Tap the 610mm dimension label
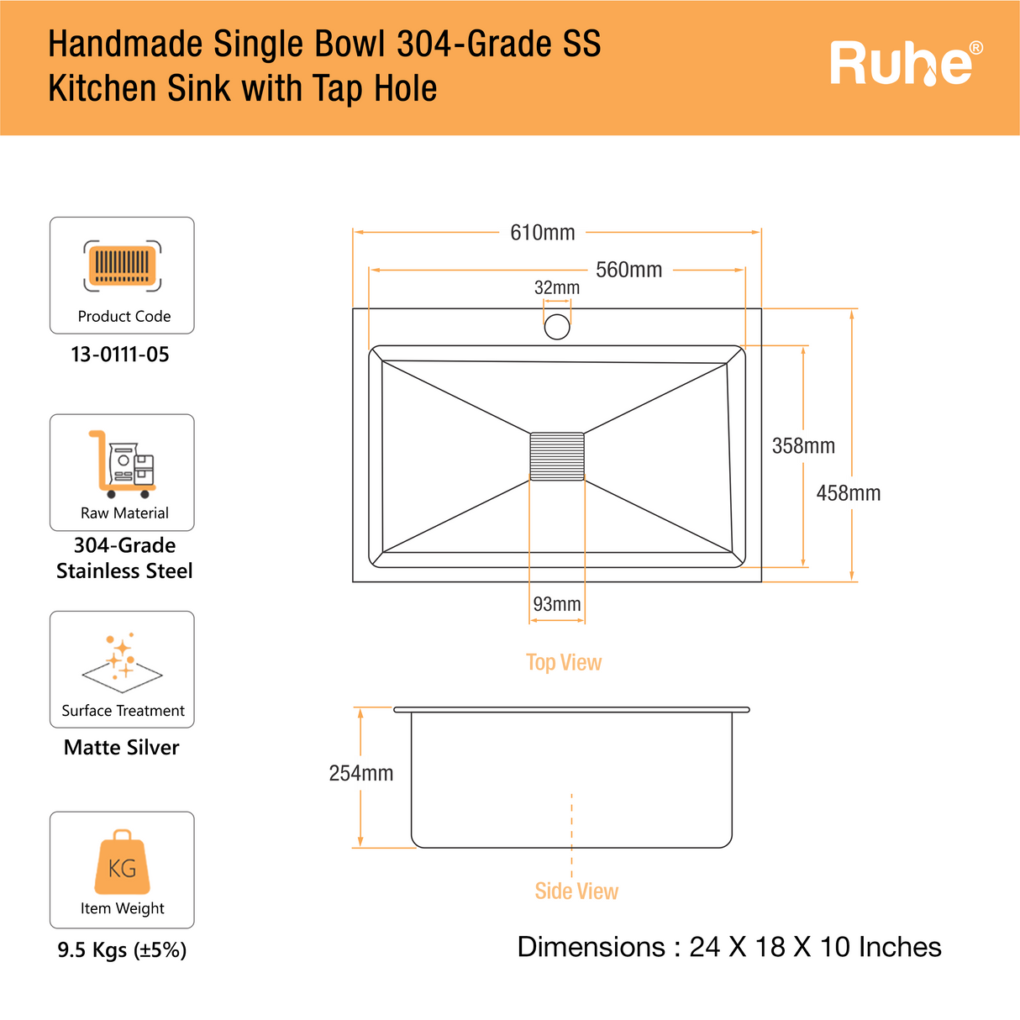[x=543, y=233]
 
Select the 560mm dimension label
[x=628, y=270]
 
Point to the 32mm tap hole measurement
[x=557, y=288]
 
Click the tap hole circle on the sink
[x=557, y=326]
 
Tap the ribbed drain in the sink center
[x=557, y=456]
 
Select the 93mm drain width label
[x=557, y=604]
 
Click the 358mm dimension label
[x=803, y=446]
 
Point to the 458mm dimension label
[x=849, y=493]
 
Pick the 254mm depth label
[x=361, y=773]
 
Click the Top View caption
[x=564, y=663]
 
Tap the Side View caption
[x=576, y=891]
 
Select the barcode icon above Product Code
[x=123, y=266]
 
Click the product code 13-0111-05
[x=120, y=355]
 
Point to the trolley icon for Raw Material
[x=123, y=464]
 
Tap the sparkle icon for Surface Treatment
[x=123, y=660]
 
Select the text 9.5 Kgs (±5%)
[x=122, y=950]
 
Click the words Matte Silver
[x=122, y=748]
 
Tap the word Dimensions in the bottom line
[x=591, y=947]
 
